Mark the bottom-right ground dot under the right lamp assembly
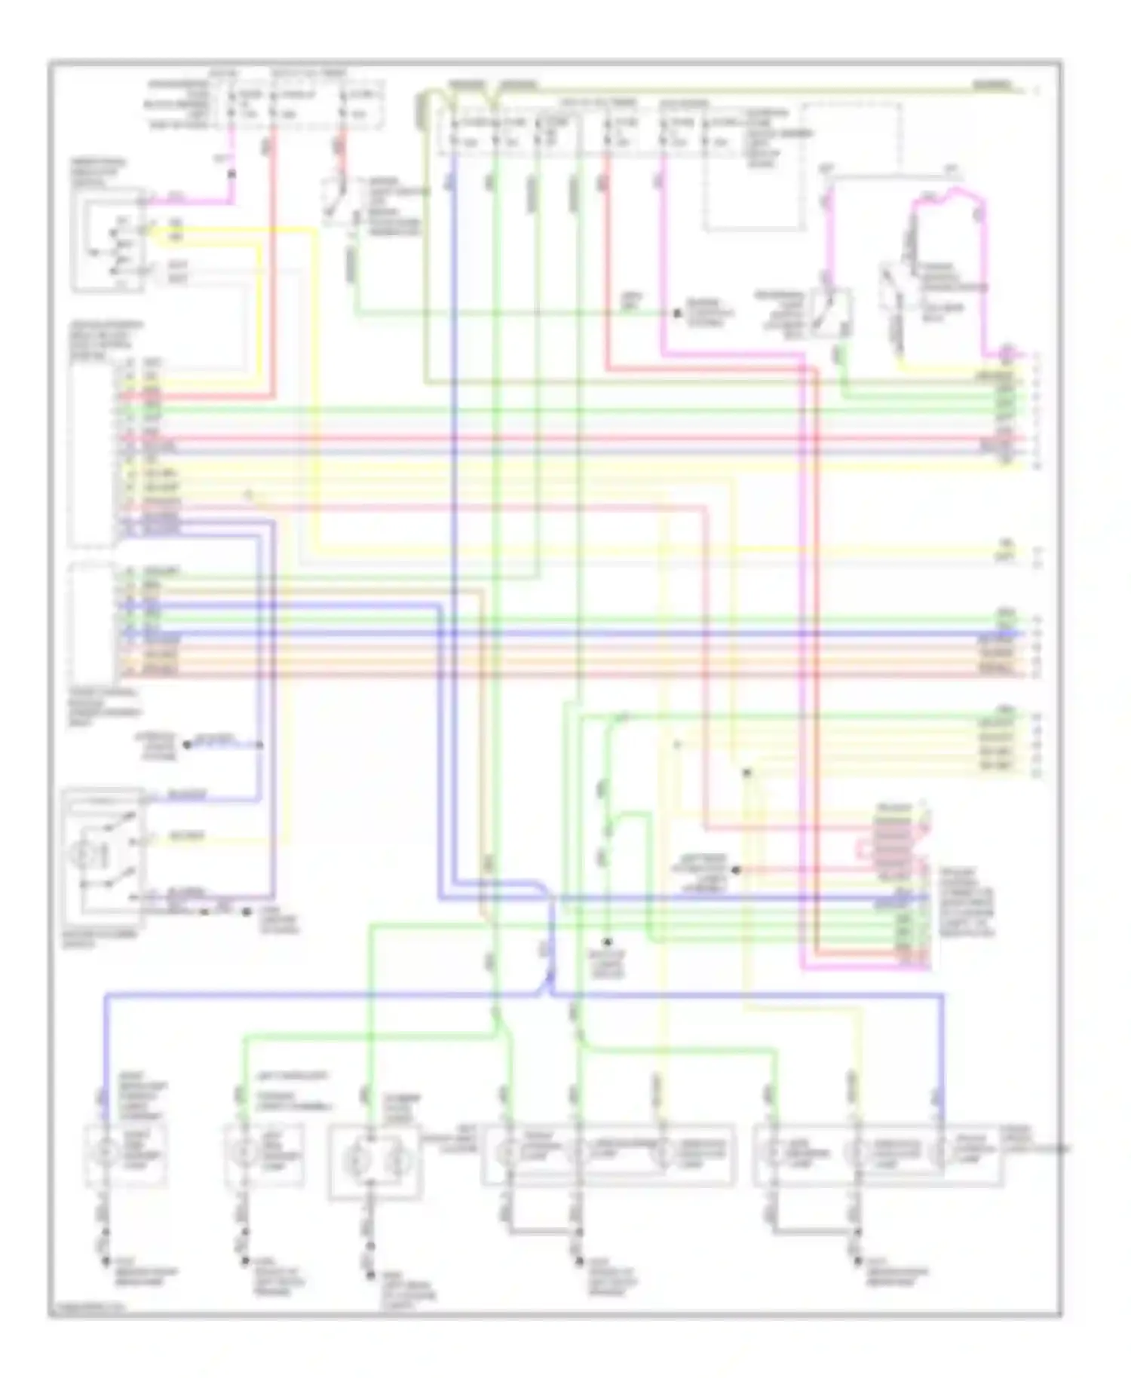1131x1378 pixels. [x=857, y=1260]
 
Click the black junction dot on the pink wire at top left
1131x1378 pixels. [x=231, y=174]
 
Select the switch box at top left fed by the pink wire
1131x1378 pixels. [x=109, y=240]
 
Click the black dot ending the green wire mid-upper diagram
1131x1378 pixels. [x=676, y=312]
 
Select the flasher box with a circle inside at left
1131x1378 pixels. [x=104, y=856]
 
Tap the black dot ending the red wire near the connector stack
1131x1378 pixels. [x=737, y=869]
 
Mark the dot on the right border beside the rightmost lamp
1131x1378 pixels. [x=1062, y=1149]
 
